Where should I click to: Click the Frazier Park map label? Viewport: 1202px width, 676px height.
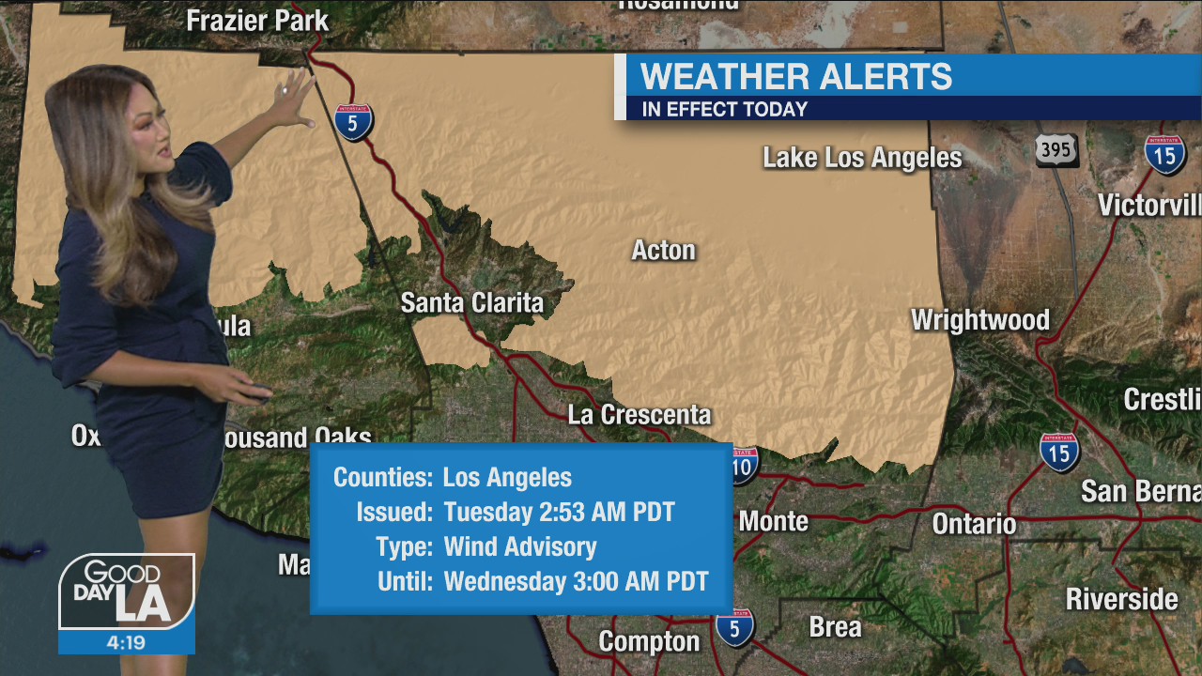pos(257,21)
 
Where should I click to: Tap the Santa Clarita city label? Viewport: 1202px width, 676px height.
pos(471,302)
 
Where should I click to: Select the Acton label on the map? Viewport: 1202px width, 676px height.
pos(663,250)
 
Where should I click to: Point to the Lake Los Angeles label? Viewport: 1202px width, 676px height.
pos(862,158)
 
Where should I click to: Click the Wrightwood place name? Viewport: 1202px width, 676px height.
pos(979,320)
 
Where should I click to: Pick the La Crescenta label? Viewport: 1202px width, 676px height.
pos(639,414)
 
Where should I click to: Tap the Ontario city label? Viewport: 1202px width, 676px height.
pos(974,523)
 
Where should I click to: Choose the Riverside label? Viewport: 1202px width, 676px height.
pos(1121,599)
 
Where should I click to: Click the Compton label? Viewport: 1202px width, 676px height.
pos(649,641)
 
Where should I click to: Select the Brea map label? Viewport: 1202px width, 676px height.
pos(835,626)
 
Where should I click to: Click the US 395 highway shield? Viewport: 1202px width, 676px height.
pos(1056,150)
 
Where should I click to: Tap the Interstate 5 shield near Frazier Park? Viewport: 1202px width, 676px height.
pos(354,122)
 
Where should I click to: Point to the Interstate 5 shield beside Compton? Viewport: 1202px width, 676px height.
pos(734,628)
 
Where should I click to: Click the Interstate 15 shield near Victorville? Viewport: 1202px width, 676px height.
pos(1164,155)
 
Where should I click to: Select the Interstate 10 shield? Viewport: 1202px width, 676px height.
pos(743,466)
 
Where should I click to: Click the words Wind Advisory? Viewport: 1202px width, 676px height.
pos(519,546)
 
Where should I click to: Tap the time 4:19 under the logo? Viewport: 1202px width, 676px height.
pos(126,643)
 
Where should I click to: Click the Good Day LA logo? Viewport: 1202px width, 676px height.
pos(126,591)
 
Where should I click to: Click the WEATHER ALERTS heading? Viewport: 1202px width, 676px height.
pos(795,76)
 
